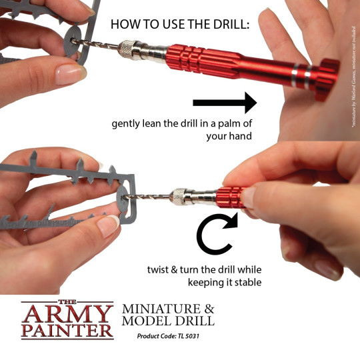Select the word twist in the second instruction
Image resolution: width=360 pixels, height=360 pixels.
(161, 270)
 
